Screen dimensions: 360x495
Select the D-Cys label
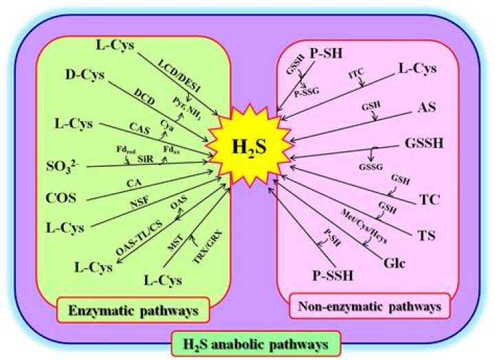[85, 75]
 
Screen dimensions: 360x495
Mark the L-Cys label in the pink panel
[418, 69]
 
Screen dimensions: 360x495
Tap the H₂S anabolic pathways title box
[247, 341]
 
